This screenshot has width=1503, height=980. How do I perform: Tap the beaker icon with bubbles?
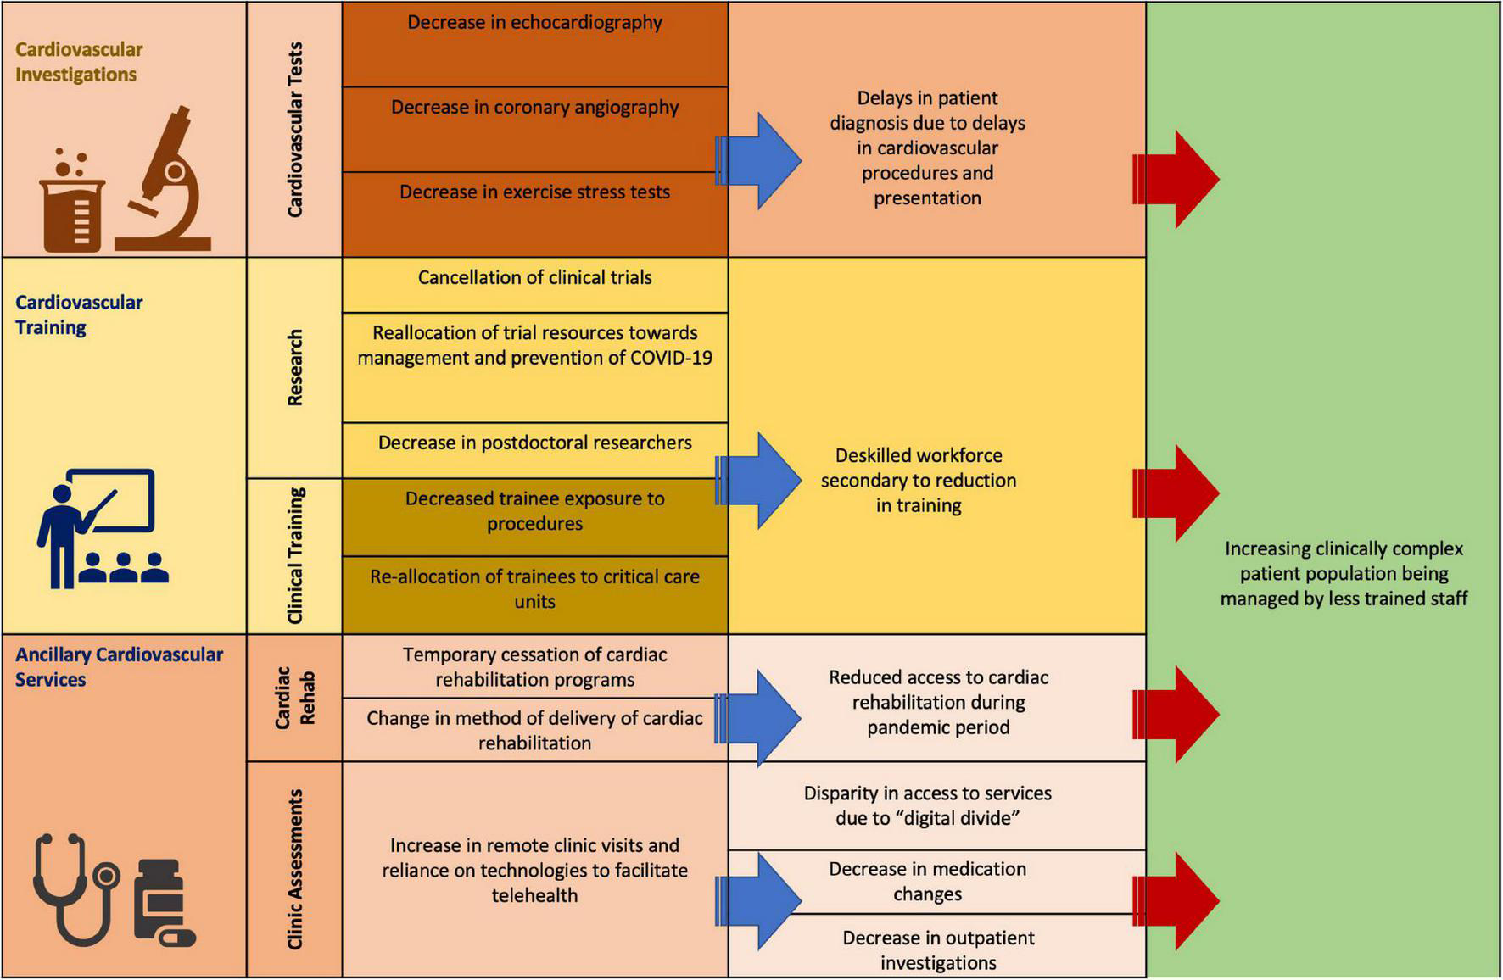click(x=71, y=203)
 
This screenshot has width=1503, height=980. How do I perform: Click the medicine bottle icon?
click(x=163, y=903)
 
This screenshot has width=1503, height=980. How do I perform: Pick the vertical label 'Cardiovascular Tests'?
click(x=294, y=129)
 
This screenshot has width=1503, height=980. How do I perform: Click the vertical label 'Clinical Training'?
click(x=294, y=556)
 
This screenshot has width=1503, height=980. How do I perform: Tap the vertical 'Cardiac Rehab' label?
click(x=294, y=698)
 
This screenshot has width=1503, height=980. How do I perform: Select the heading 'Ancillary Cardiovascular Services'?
click(x=119, y=666)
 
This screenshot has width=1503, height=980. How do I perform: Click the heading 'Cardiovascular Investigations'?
click(x=79, y=62)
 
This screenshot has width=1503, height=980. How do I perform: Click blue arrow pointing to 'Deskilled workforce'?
click(x=761, y=481)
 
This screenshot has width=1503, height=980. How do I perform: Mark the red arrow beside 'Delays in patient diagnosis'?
click(x=1176, y=180)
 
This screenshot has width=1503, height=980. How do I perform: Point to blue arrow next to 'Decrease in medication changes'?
click(x=761, y=900)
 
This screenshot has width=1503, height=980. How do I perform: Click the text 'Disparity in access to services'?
click(x=927, y=805)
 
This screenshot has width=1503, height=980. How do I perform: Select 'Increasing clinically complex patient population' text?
click(x=1343, y=573)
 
